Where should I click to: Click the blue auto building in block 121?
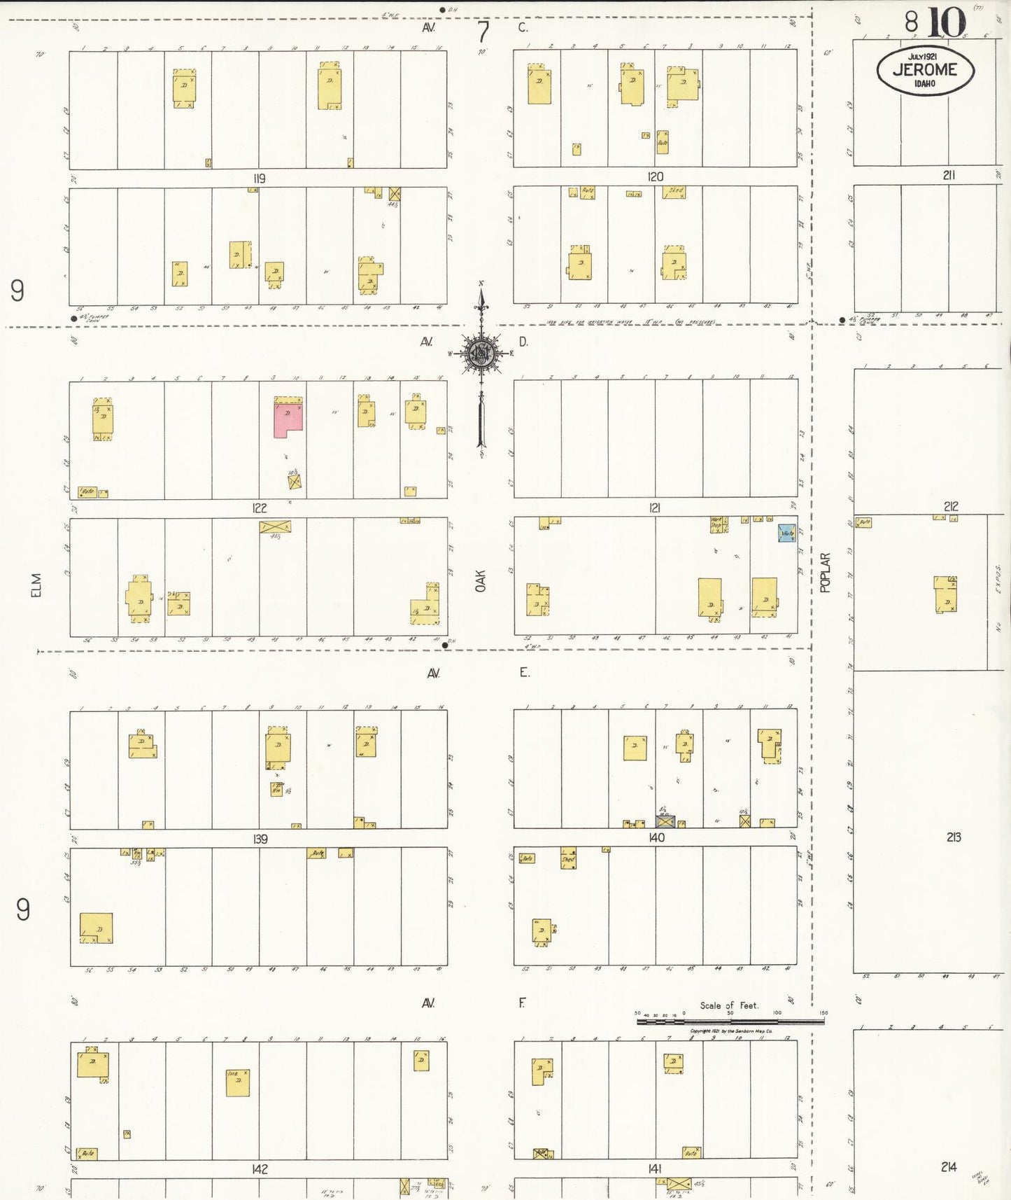pos(787,533)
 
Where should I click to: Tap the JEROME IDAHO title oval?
pos(925,70)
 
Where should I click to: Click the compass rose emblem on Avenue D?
pos(481,353)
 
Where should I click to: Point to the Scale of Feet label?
pos(729,1005)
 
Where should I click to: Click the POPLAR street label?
pos(825,573)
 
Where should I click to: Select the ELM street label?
pos(36,585)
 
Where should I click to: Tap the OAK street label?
pos(481,580)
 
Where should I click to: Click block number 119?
pos(260,179)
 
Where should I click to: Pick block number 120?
pos(655,176)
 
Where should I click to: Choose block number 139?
pos(260,839)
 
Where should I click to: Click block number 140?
pos(656,837)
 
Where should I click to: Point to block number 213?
pos(953,837)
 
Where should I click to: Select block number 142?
pos(260,1169)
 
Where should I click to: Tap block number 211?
pos(948,175)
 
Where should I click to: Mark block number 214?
pos(949,1166)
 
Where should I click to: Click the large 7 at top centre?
pos(483,32)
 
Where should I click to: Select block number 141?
pos(655,1168)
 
